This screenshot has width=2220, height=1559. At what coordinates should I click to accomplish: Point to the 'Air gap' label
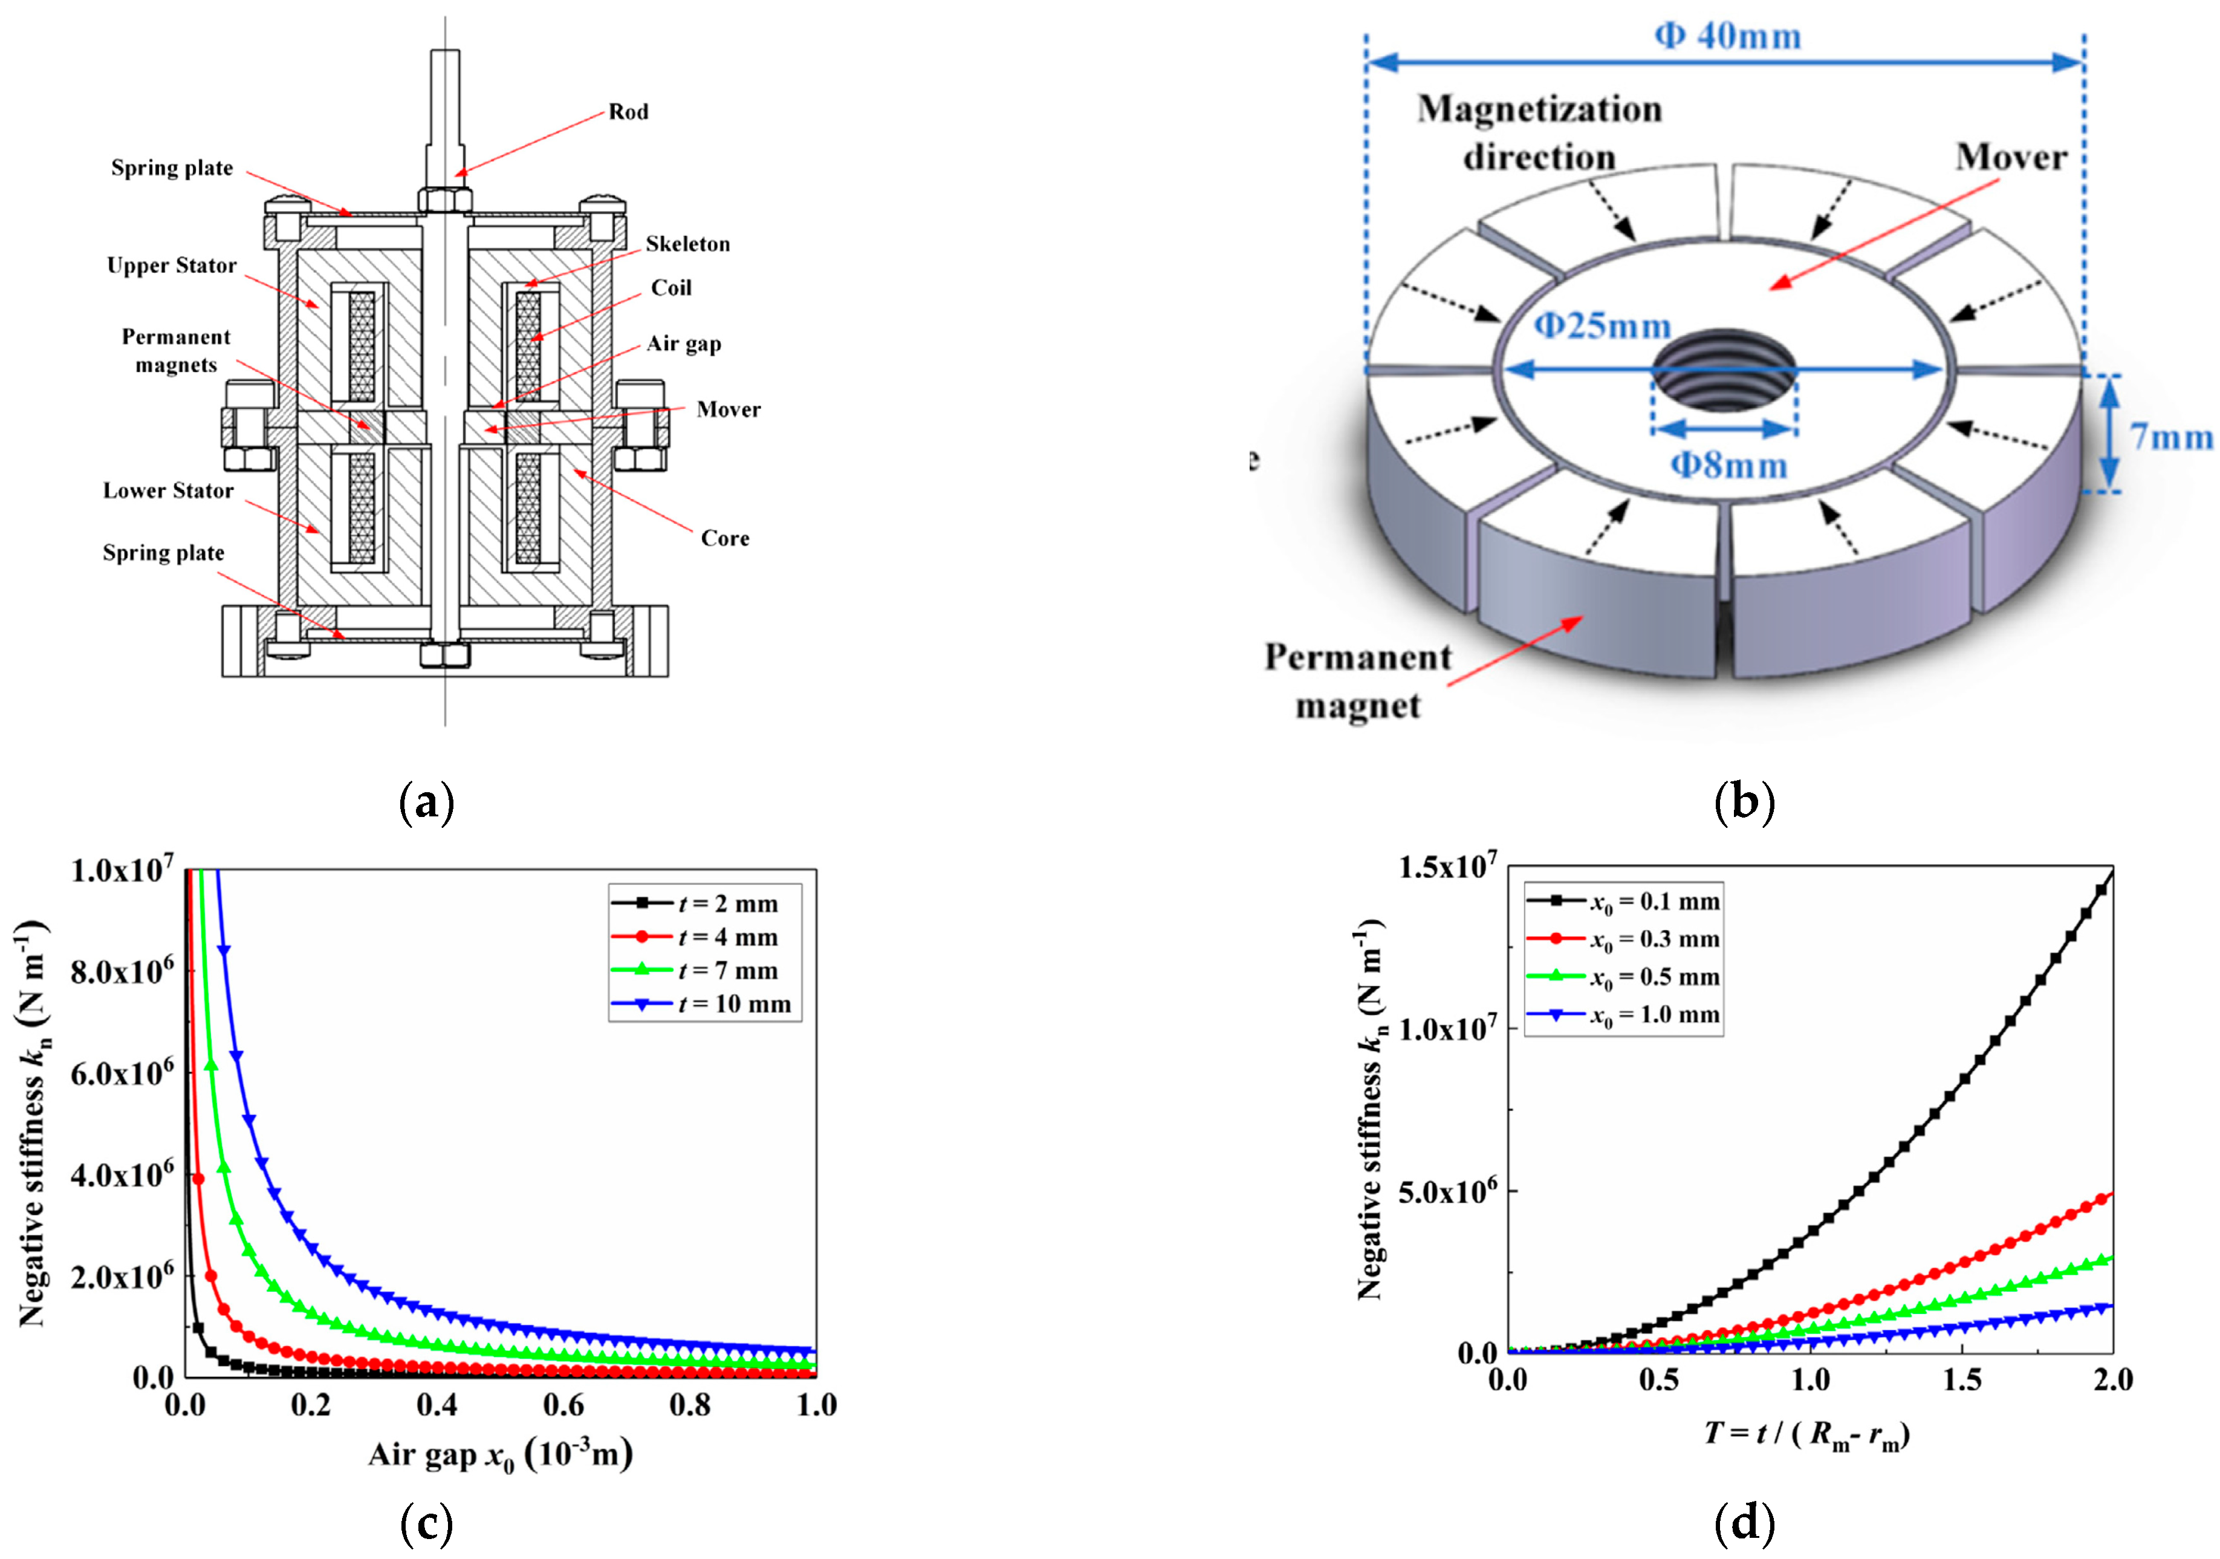[684, 344]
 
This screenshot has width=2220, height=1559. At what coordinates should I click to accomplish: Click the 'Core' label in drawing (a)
[724, 539]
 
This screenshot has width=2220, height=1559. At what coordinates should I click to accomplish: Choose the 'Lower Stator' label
[168, 491]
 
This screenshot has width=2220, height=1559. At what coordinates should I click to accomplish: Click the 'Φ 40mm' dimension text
[1728, 37]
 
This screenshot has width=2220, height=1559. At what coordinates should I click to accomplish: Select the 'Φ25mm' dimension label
[1602, 326]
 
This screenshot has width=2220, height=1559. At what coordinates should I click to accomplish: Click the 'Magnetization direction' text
[1539, 132]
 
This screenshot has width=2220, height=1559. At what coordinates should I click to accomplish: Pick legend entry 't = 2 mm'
[727, 904]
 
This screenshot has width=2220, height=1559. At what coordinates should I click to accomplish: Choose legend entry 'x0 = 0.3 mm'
[1654, 939]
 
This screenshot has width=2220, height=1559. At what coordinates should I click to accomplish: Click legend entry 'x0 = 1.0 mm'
[1654, 1015]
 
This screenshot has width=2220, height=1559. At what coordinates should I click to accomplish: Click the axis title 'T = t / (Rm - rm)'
[1806, 1433]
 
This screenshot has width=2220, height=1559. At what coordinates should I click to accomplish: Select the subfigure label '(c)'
[426, 1524]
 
